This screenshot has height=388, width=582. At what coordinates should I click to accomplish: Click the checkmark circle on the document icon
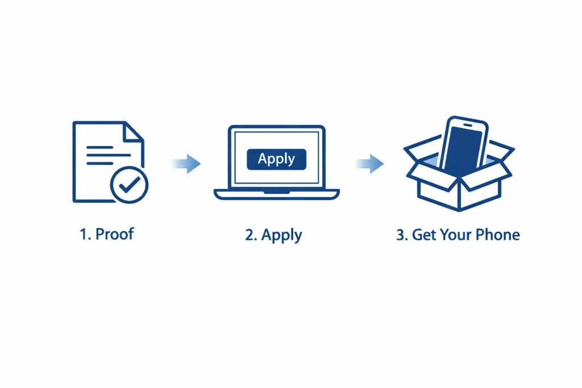(x=129, y=185)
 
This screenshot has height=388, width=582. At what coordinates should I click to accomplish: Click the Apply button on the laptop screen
(x=277, y=159)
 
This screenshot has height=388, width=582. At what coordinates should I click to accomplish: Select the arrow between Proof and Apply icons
(x=186, y=164)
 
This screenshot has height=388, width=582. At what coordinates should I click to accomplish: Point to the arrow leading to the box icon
(x=369, y=164)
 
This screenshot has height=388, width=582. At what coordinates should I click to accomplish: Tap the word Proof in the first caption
(x=114, y=234)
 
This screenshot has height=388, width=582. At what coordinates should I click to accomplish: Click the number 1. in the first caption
(x=85, y=235)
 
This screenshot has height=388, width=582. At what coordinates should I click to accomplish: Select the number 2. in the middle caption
(x=251, y=235)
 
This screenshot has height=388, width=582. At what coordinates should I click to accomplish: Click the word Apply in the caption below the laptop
(x=281, y=236)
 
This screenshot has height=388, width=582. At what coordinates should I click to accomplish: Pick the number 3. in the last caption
(x=402, y=235)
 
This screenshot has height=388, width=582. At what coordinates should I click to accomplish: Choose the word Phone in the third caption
(x=498, y=235)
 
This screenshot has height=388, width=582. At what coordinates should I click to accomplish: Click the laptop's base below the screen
(x=277, y=194)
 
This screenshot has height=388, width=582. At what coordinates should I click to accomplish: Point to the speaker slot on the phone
(x=468, y=126)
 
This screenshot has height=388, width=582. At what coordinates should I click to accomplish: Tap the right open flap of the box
(x=501, y=150)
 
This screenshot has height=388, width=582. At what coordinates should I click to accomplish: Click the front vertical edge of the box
(x=459, y=195)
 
